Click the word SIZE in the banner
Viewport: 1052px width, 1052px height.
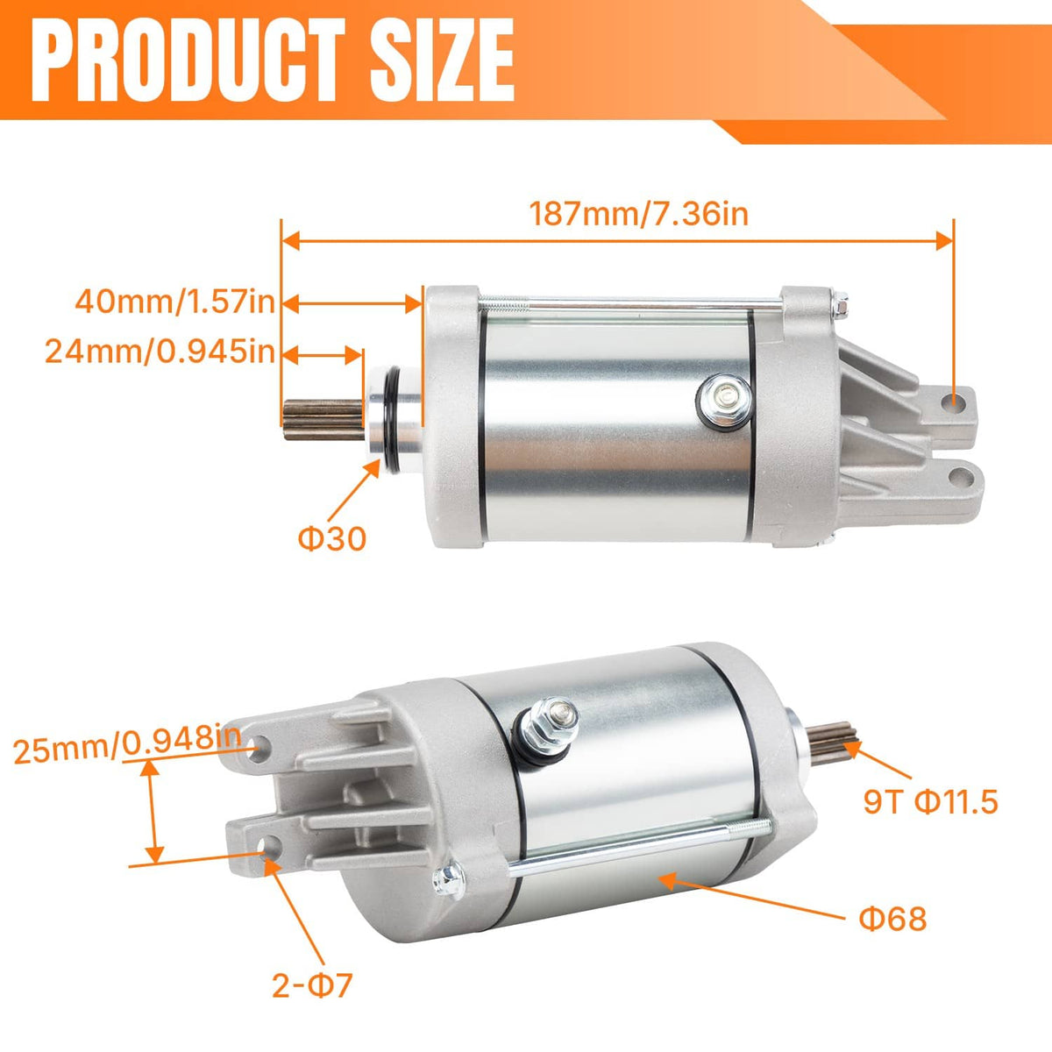[442, 60]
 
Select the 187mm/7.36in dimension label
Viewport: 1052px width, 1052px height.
[638, 214]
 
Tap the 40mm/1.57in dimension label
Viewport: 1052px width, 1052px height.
[174, 302]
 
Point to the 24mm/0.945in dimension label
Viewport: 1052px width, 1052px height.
[160, 352]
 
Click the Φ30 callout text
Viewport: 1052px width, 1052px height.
[331, 539]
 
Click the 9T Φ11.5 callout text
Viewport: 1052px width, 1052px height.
[931, 802]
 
